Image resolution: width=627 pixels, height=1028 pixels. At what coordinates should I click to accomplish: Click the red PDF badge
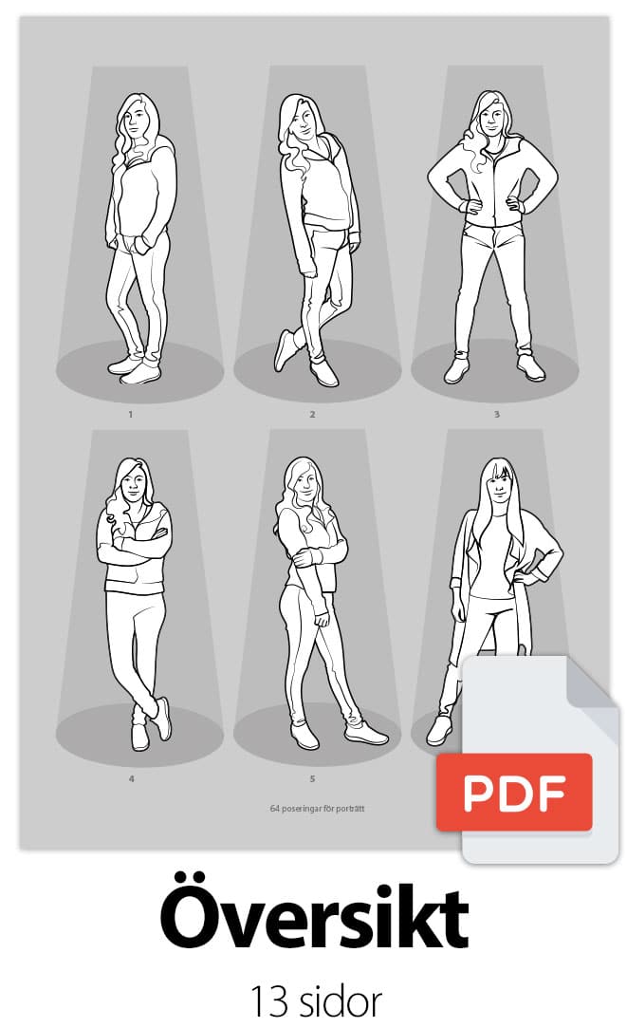tap(514, 792)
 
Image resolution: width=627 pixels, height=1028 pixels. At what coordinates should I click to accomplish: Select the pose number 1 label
tap(130, 415)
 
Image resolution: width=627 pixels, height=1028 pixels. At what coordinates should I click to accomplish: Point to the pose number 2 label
tap(312, 415)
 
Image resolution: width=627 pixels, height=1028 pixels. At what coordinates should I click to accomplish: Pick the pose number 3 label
tap(497, 415)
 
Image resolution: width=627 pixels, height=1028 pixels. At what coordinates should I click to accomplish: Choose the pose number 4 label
tap(131, 779)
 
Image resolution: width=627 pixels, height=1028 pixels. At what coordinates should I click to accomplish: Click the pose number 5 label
tap(312, 779)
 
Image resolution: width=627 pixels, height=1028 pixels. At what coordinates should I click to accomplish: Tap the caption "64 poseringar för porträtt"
tap(317, 809)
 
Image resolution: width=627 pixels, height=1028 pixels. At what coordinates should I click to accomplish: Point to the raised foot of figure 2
tap(285, 349)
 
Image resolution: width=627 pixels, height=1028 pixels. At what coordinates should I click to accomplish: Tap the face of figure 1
tap(137, 122)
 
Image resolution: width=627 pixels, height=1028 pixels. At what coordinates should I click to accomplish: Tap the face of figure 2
tap(304, 122)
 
